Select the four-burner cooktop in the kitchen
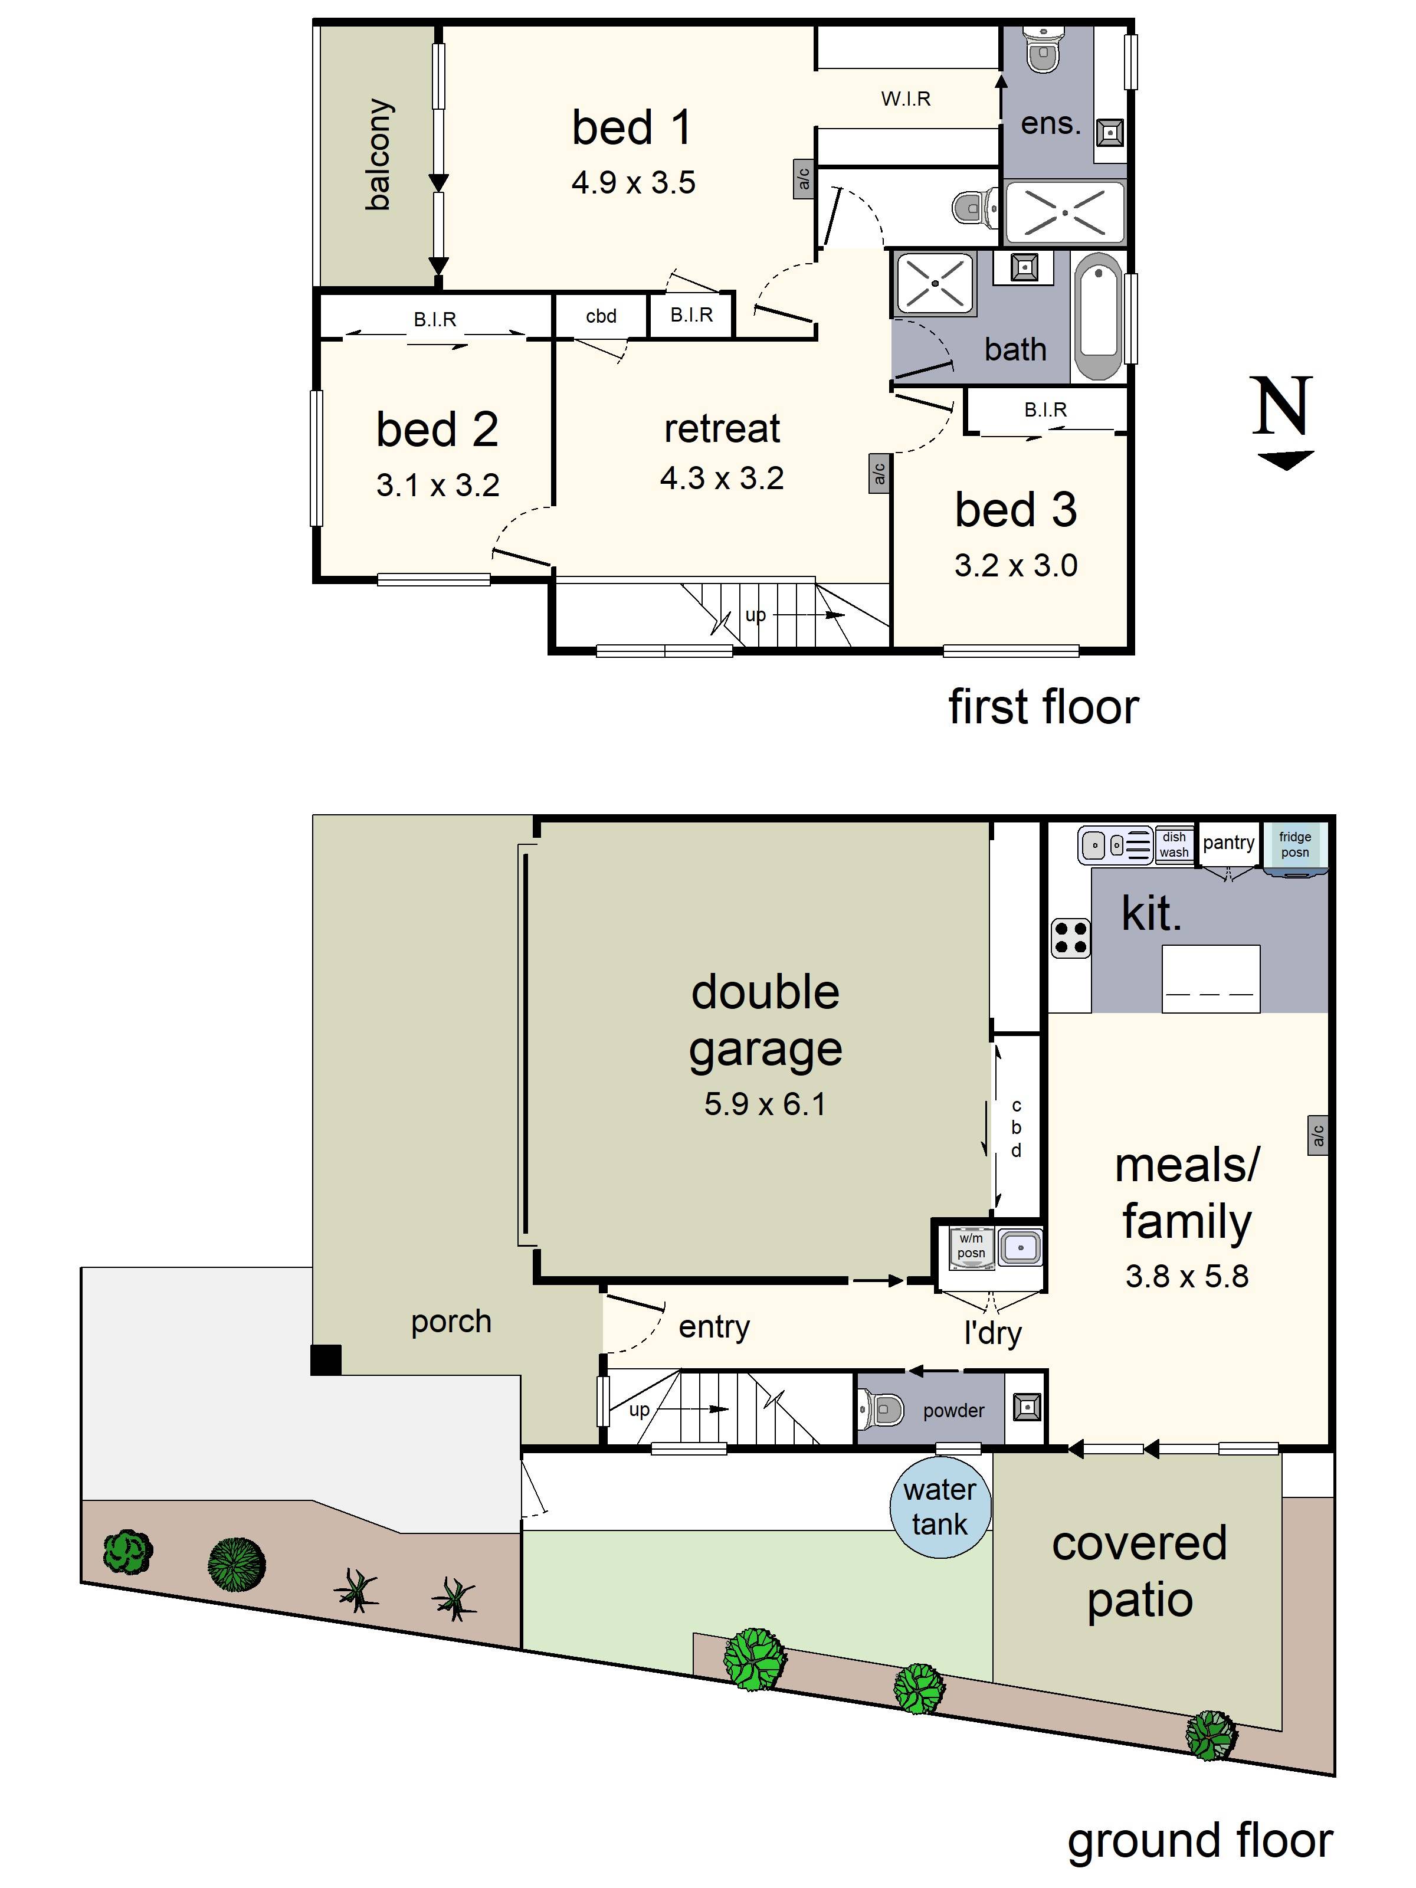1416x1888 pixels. click(x=1070, y=936)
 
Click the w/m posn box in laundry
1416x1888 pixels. click(x=971, y=1245)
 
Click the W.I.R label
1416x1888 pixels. click(x=906, y=99)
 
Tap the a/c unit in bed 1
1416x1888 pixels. click(x=803, y=179)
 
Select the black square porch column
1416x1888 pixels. click(x=325, y=1360)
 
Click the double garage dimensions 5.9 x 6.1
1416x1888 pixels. click(x=764, y=1104)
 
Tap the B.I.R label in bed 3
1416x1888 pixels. click(x=1045, y=409)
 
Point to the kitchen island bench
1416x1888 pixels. click(x=1210, y=978)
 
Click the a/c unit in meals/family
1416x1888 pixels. click(x=1317, y=1135)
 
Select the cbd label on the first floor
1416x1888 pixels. click(x=600, y=316)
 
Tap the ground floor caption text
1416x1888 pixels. click(x=1199, y=1840)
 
